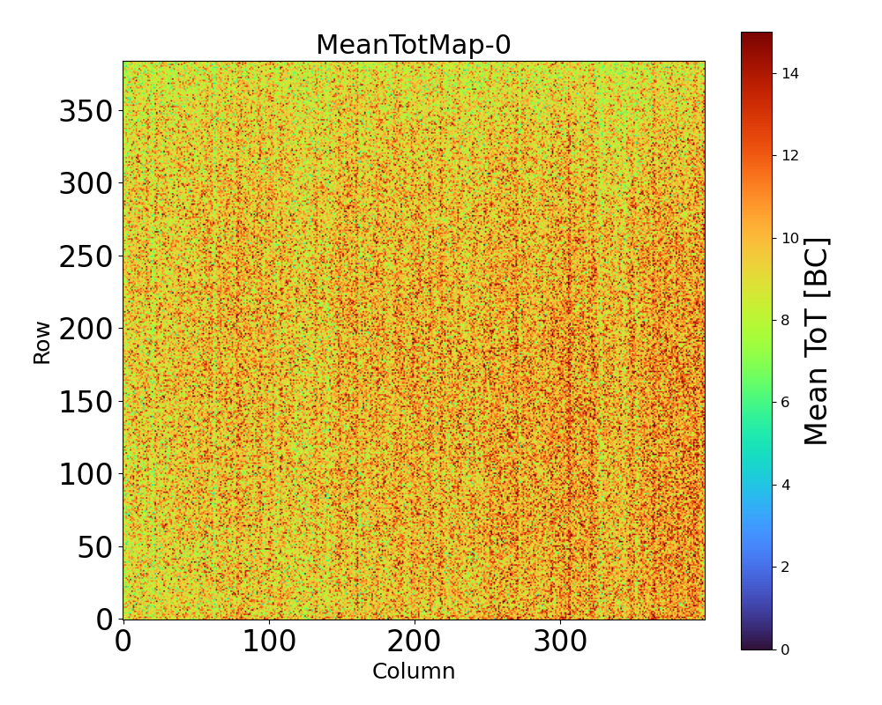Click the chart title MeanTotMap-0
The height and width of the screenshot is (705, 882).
pyautogui.click(x=413, y=45)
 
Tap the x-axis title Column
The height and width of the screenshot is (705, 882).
pyautogui.click(x=413, y=672)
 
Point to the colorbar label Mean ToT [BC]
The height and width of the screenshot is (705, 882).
pyautogui.click(x=818, y=341)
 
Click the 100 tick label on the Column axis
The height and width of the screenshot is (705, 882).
pyautogui.click(x=268, y=641)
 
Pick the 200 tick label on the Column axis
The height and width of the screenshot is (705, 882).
pyautogui.click(x=414, y=641)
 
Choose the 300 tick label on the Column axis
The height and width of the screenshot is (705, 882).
pyautogui.click(x=560, y=641)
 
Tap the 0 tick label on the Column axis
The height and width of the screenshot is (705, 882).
pyautogui.click(x=123, y=641)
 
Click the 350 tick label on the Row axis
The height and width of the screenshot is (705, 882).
pyautogui.click(x=86, y=112)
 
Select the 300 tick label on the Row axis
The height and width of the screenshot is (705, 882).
pyautogui.click(x=86, y=184)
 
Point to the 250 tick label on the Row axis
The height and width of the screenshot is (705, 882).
pyautogui.click(x=86, y=256)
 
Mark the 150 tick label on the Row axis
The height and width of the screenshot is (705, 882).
pyautogui.click(x=86, y=402)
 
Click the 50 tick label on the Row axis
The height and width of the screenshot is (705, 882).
pyautogui.click(x=96, y=547)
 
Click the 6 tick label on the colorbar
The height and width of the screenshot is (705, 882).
pyautogui.click(x=785, y=403)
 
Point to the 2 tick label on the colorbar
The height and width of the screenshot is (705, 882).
pyautogui.click(x=785, y=567)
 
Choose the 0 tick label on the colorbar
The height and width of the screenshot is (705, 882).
pyautogui.click(x=785, y=649)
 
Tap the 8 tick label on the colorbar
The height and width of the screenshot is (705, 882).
pyautogui.click(x=785, y=320)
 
